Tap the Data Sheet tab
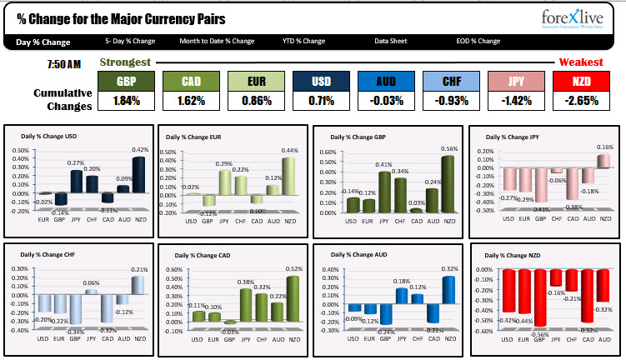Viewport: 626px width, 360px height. click(x=392, y=41)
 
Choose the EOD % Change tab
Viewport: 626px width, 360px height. click(x=478, y=41)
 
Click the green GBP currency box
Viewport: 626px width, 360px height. click(x=126, y=82)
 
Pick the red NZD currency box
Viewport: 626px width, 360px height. click(x=580, y=82)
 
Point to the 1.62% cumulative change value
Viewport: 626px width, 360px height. click(x=191, y=101)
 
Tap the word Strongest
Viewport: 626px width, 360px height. click(x=125, y=62)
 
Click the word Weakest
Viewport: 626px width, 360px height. click(x=581, y=62)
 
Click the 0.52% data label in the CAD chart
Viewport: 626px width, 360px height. click(x=293, y=268)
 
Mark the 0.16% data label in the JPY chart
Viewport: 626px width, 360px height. click(x=604, y=147)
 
